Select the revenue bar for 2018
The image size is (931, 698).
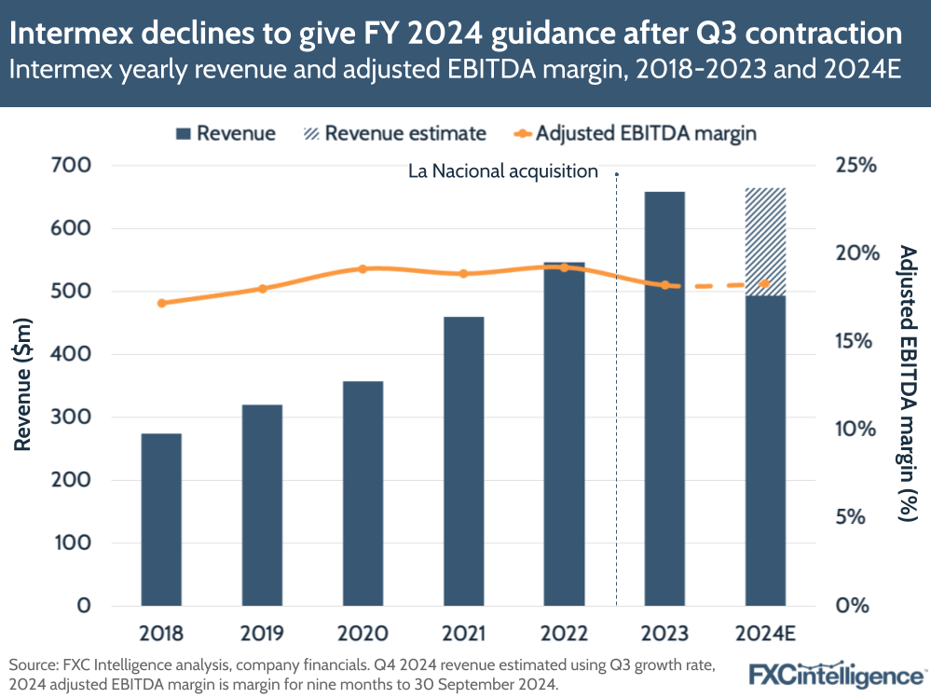(x=161, y=518)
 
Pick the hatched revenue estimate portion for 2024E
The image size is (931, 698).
(x=765, y=241)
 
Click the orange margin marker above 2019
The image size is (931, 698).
(x=263, y=289)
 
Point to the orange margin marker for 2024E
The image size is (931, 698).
(x=765, y=283)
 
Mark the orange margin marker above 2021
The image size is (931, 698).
(x=463, y=274)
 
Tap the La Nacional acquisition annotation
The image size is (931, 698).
(x=503, y=171)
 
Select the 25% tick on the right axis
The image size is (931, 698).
(x=856, y=166)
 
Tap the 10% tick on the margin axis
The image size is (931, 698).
(x=856, y=430)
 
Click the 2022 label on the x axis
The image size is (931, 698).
(x=565, y=634)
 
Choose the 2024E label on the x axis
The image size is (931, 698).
(x=765, y=634)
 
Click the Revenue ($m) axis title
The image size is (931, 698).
(x=23, y=385)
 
